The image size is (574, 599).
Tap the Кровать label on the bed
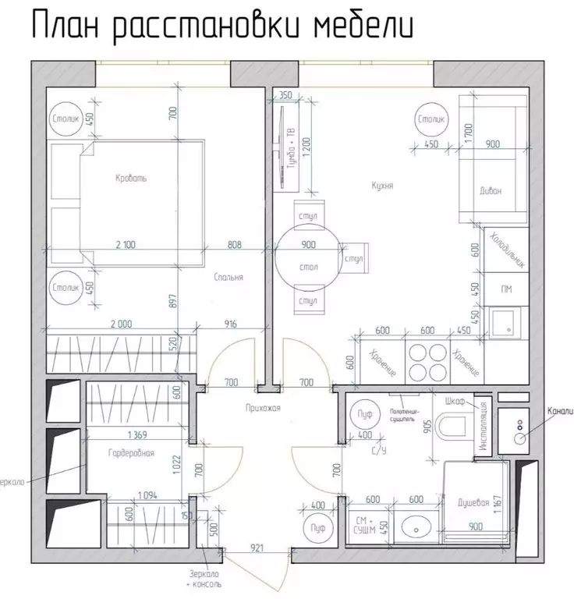click(130, 178)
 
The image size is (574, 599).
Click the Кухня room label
click(382, 186)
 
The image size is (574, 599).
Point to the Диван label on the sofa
click(491, 190)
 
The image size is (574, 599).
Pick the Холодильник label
click(505, 247)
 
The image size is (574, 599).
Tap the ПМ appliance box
click(506, 289)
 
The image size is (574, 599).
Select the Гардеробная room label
click(131, 453)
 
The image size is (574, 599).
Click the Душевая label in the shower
click(473, 503)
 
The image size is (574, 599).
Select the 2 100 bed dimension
click(126, 244)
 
